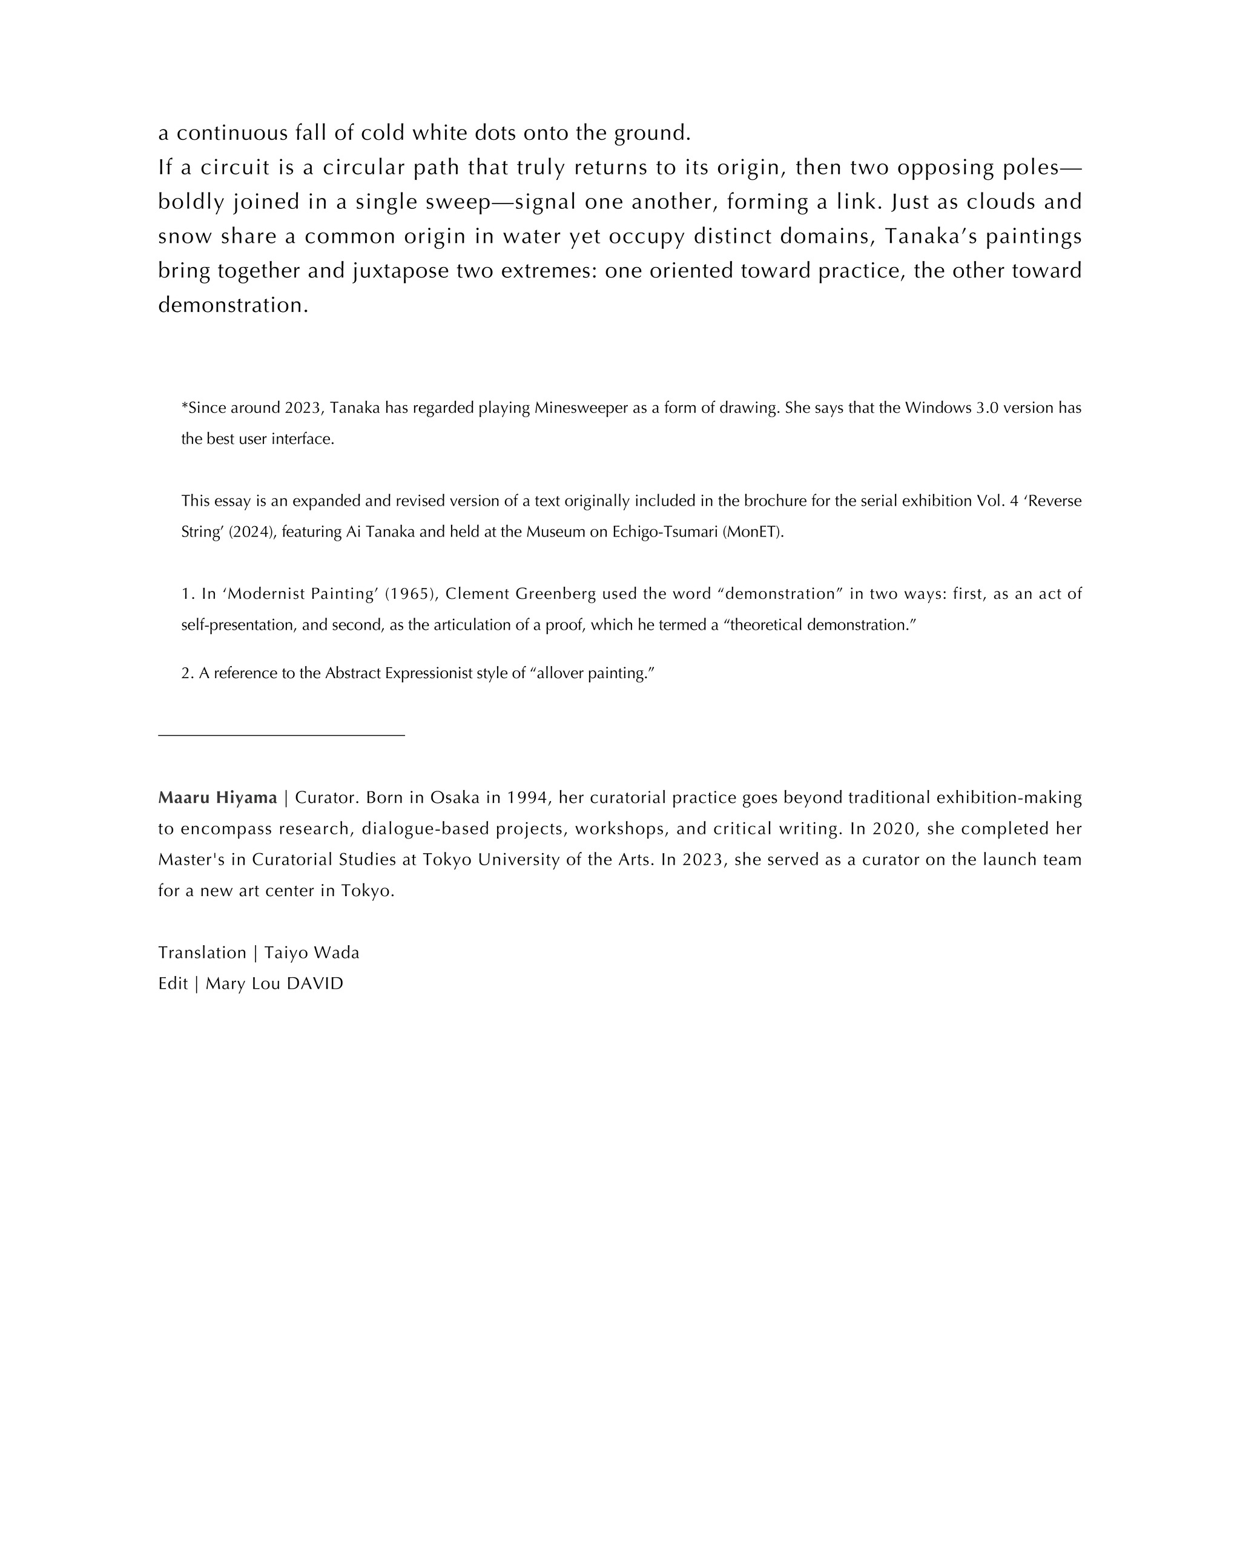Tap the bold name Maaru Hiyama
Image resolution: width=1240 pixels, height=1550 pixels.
(217, 797)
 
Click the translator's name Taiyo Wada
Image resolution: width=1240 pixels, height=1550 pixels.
(311, 952)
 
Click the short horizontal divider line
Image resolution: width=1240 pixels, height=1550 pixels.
(281, 735)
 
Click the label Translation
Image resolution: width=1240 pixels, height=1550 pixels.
(202, 952)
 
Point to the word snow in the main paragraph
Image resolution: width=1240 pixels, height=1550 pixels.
(183, 237)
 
